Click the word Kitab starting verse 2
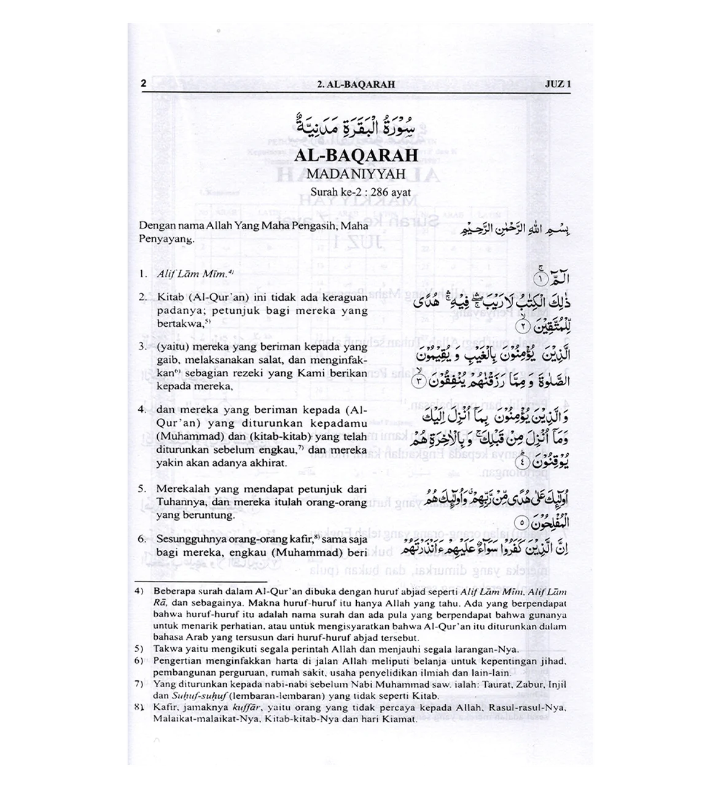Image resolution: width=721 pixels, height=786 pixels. tap(170, 298)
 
